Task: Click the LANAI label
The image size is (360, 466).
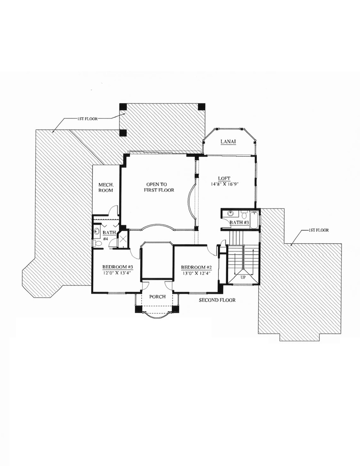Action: tap(228, 142)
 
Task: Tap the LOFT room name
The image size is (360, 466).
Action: tap(224, 178)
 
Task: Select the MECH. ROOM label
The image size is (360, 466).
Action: tap(106, 188)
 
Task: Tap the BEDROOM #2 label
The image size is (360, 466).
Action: tap(196, 267)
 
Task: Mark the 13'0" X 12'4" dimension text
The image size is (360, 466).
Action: tap(196, 273)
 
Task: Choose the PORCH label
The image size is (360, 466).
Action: tap(157, 297)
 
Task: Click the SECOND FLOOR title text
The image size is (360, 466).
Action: tap(217, 300)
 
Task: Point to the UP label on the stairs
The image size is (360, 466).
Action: tap(244, 278)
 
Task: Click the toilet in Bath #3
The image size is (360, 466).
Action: tap(244, 215)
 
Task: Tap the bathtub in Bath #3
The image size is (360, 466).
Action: tap(254, 218)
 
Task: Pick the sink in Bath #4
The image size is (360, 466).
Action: tap(96, 232)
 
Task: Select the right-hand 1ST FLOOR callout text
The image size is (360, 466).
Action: tap(318, 230)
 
